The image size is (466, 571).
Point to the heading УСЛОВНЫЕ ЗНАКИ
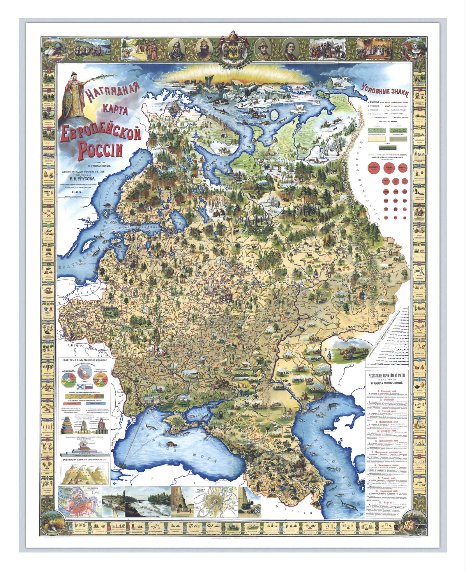[x=384, y=91]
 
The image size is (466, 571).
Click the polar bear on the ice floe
[x=299, y=108]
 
